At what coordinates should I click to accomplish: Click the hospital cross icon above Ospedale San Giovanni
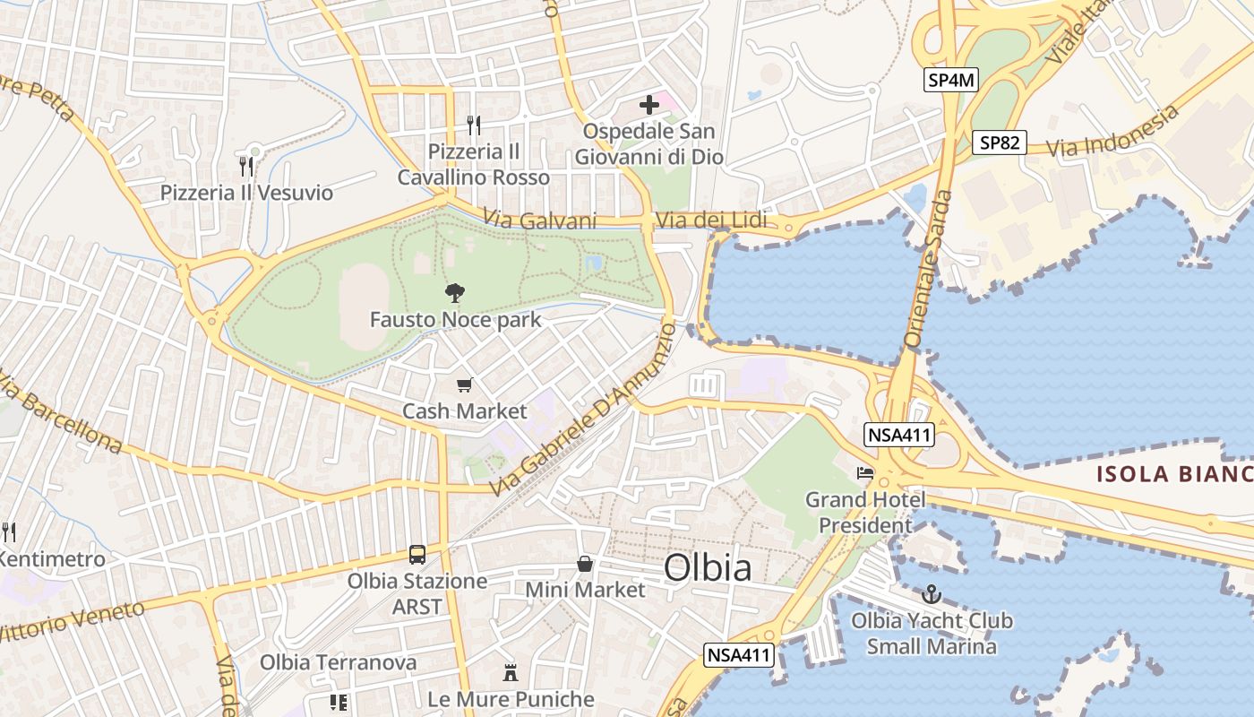[x=649, y=105]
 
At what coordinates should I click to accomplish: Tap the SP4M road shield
[x=950, y=81]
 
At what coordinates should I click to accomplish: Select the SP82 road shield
[x=999, y=142]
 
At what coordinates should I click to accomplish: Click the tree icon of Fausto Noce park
[x=455, y=292]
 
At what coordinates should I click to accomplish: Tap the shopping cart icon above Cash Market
[x=464, y=385]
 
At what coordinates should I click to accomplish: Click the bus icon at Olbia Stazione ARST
[x=417, y=554]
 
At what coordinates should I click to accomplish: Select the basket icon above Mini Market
[x=585, y=564]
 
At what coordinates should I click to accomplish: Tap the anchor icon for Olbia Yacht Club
[x=932, y=594]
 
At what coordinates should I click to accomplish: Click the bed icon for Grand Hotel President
[x=865, y=472]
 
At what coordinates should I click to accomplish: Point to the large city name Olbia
[x=708, y=568]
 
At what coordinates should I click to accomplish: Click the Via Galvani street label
[x=539, y=220]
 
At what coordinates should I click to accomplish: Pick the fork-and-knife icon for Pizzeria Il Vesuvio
[x=246, y=165]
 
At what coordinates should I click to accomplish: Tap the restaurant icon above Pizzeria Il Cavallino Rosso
[x=474, y=125]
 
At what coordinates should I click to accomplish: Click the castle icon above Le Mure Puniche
[x=511, y=672]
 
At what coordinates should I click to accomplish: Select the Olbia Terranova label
[x=338, y=662]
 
